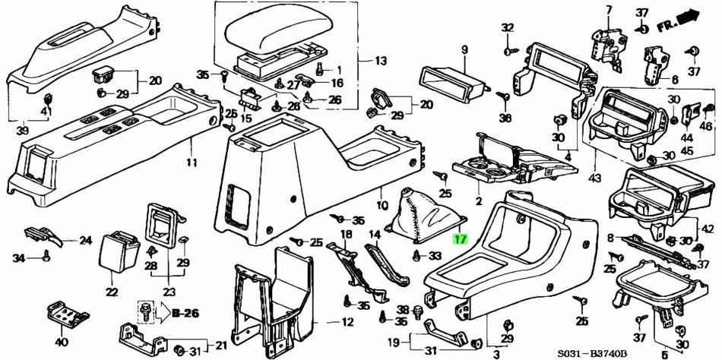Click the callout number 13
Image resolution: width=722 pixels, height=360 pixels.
point(380,61)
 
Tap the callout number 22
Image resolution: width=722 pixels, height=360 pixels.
point(112,292)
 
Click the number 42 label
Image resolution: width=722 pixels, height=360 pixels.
point(708,228)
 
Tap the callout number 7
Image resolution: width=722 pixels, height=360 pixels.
point(607,9)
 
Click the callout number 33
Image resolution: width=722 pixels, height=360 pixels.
point(435,255)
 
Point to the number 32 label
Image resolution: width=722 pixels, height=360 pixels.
point(507,28)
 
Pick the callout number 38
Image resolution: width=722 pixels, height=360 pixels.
point(403,310)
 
